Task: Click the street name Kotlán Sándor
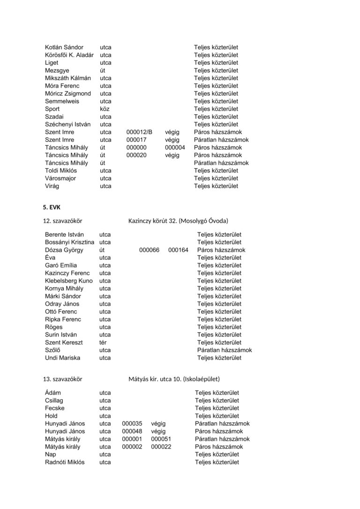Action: tap(64, 47)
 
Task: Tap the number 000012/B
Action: tap(140, 132)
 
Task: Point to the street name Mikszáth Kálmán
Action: tap(68, 78)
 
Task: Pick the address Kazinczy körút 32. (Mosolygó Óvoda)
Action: tap(178, 221)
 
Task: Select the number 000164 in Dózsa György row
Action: tap(178, 250)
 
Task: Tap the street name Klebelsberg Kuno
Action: tap(69, 281)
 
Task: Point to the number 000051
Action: tap(161, 439)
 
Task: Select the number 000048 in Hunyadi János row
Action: tap(132, 431)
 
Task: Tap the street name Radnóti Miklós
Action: tap(65, 462)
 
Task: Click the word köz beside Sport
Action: tap(105, 109)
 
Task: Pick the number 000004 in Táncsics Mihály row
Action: tap(175, 148)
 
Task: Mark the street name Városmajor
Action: tap(60, 179)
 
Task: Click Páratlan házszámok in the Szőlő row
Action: tap(225, 350)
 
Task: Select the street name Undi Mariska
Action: tap(62, 358)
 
